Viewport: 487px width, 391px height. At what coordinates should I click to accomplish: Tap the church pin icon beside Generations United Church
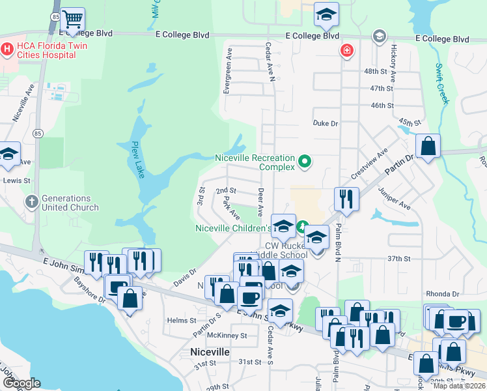click(x=31, y=202)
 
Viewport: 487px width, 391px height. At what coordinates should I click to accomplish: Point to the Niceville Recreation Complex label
click(x=256, y=162)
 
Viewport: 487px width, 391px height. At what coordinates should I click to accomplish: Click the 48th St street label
click(x=380, y=71)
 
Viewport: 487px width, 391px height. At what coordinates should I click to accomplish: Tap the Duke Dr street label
click(x=326, y=123)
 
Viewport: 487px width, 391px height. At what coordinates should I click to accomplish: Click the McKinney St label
click(x=227, y=336)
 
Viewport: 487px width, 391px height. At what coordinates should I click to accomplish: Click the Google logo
click(x=21, y=383)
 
